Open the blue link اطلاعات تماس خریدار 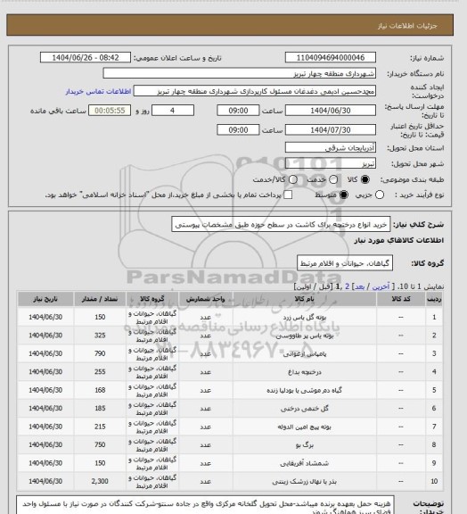tap(98, 91)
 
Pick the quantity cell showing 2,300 tap(100, 482)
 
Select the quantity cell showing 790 tap(100, 355)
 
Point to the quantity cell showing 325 tap(100, 336)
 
